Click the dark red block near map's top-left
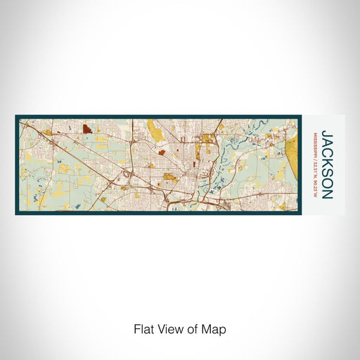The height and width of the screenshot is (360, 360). [x=86, y=129]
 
